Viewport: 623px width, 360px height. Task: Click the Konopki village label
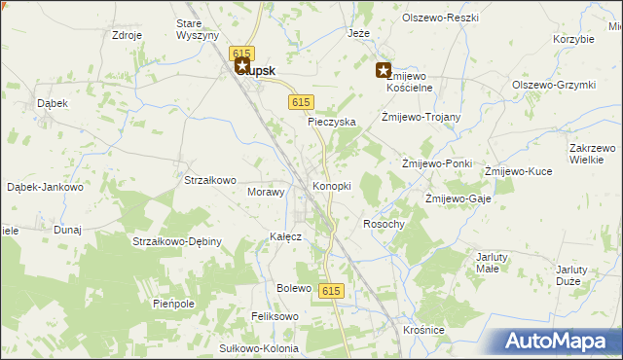pyautogui.click(x=331, y=186)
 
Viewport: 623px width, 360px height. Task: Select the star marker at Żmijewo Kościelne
pyautogui.click(x=384, y=70)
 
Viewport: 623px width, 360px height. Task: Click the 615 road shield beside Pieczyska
pyautogui.click(x=301, y=102)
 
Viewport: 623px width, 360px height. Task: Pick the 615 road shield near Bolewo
pyautogui.click(x=331, y=291)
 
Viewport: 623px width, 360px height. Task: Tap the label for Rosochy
pyautogui.click(x=383, y=224)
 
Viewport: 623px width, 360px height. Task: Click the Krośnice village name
pyautogui.click(x=422, y=331)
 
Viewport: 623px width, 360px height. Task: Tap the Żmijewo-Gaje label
pyautogui.click(x=458, y=198)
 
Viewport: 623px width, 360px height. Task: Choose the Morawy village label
pyautogui.click(x=266, y=192)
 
